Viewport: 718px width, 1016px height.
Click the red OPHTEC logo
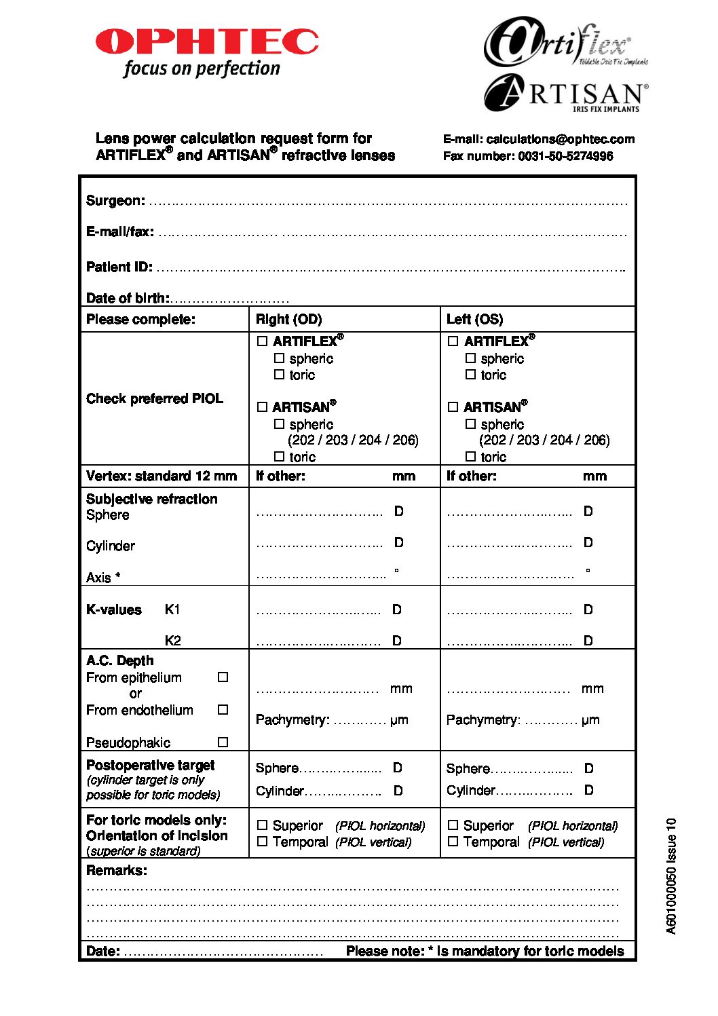point(207,41)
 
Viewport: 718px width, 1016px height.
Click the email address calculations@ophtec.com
point(561,139)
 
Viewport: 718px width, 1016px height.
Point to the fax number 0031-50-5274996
point(565,156)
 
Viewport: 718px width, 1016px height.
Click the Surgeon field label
point(115,201)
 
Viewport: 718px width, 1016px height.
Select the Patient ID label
point(119,267)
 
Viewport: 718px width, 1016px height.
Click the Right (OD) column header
point(288,320)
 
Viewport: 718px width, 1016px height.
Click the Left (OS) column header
point(474,320)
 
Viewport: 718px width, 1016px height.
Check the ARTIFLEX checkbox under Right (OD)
point(263,341)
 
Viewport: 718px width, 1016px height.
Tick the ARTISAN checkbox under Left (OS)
point(453,407)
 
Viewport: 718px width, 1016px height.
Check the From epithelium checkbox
point(223,677)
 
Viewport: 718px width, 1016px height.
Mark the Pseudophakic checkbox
point(223,742)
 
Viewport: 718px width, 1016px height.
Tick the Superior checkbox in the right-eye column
point(263,826)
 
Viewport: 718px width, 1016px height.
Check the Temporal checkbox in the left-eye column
point(453,842)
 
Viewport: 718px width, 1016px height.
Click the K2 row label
point(172,641)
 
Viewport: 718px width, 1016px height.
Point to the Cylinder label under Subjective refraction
point(111,546)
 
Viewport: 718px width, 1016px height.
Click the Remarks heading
point(116,871)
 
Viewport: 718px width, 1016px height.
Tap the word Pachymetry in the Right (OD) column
point(292,720)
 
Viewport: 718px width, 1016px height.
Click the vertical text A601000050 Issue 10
point(671,876)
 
